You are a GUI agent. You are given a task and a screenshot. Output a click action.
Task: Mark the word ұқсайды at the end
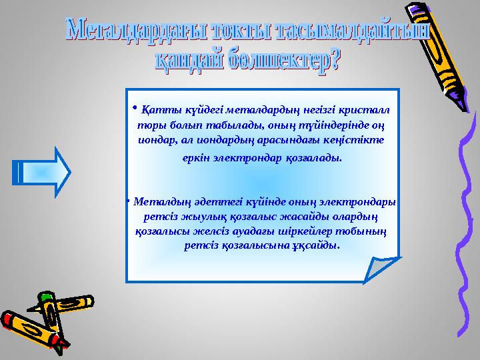[319, 245]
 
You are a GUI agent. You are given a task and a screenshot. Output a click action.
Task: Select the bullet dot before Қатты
[134, 106]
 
